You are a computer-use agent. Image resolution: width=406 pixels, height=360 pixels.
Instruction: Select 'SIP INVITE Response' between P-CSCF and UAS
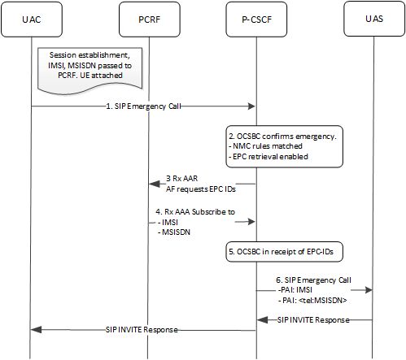pyautogui.click(x=315, y=320)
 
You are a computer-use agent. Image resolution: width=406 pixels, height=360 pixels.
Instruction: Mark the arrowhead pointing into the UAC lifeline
pyautogui.click(x=34, y=330)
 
